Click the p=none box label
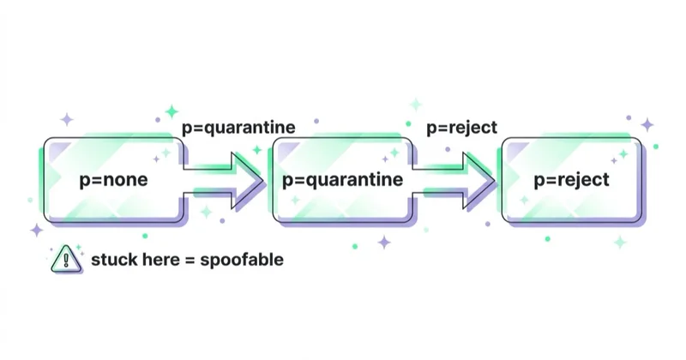coord(113,180)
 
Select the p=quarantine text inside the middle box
coord(342,180)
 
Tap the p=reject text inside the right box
coord(571,180)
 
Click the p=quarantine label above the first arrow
coord(238,128)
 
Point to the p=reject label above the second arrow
coord(461,128)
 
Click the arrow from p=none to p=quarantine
coord(223,180)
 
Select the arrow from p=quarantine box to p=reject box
coord(454,180)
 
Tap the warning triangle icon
coord(66,259)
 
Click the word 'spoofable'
coord(242,260)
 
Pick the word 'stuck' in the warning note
coord(111,260)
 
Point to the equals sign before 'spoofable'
coord(190,261)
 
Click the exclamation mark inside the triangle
coord(66,261)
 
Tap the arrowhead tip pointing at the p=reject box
coord(495,180)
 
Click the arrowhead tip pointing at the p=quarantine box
coord(263,180)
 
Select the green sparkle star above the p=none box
coord(172,111)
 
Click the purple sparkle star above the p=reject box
coord(647,124)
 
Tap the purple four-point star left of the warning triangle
coord(37,230)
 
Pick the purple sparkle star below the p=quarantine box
coord(384,242)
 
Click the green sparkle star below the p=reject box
coord(620,242)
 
